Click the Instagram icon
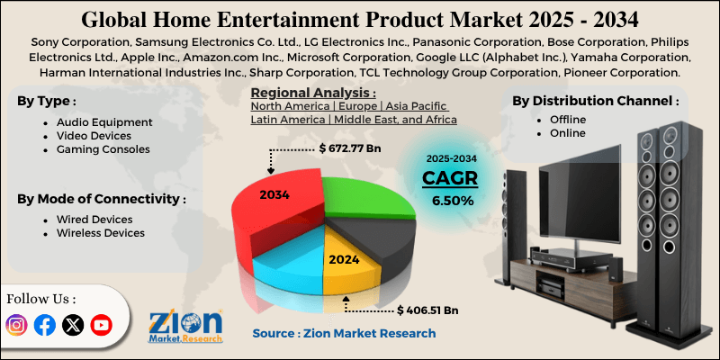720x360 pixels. point(16,325)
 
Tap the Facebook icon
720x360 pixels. point(44,325)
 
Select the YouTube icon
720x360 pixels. point(101,325)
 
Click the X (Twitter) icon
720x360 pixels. point(72,325)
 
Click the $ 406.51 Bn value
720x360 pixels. point(427,310)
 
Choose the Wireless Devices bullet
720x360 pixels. point(101,233)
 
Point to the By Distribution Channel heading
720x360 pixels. point(595,101)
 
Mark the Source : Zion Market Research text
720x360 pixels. point(344,333)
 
